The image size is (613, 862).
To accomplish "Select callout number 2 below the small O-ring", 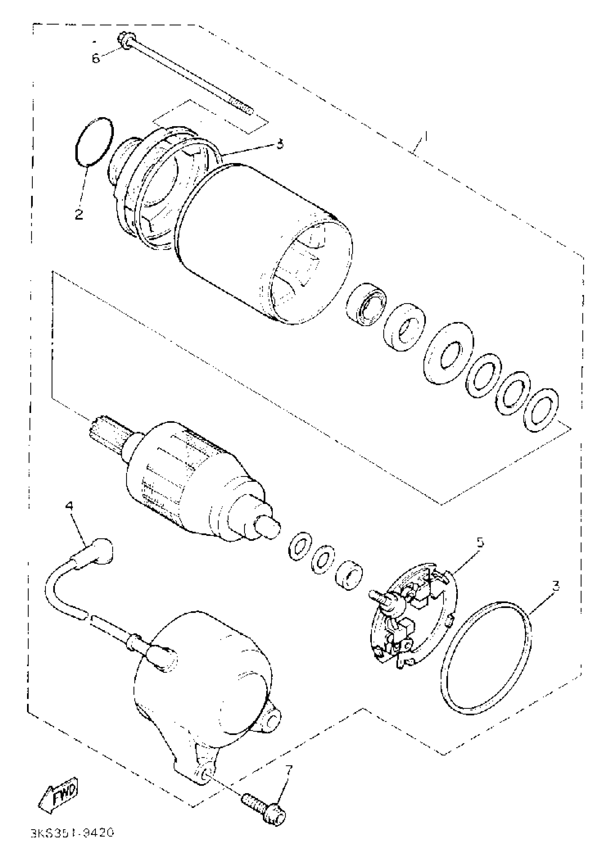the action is [79, 215].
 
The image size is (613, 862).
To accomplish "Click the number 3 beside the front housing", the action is [279, 144].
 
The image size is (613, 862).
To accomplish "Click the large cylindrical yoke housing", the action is [264, 242].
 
